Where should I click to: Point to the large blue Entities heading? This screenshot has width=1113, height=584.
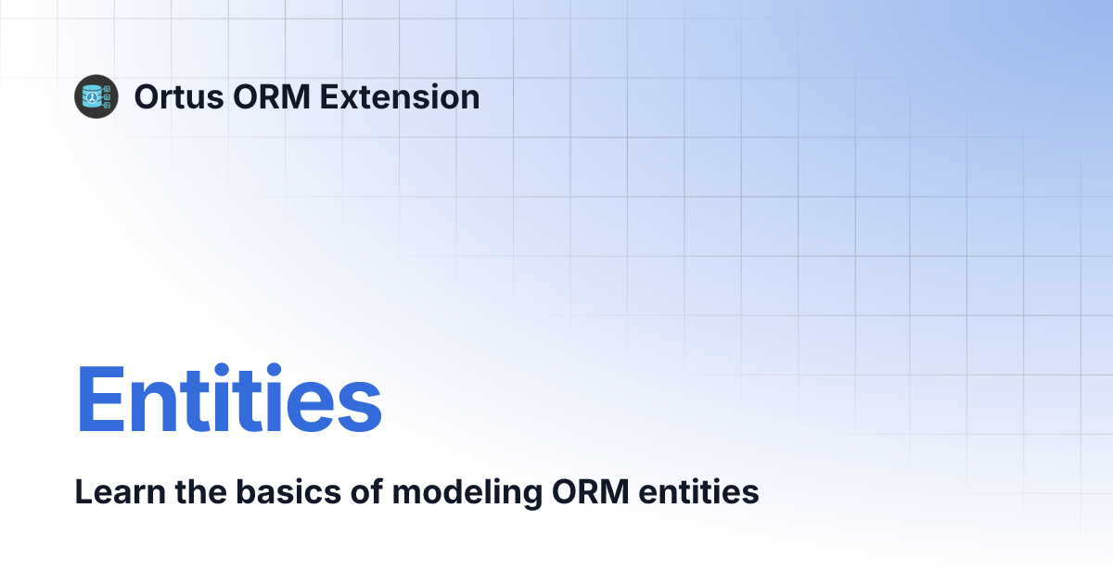click(228, 400)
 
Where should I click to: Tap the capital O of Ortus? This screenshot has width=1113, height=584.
click(147, 96)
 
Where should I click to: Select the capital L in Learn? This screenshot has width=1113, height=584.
click(83, 492)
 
